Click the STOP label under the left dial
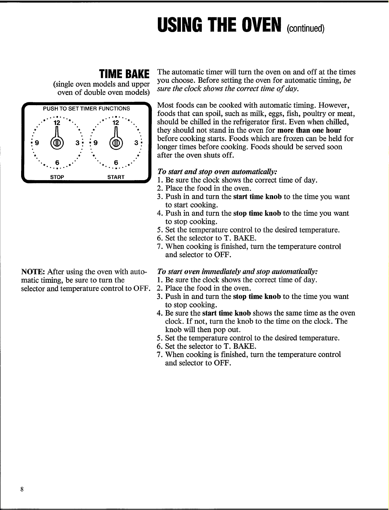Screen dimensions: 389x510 (x=57, y=177)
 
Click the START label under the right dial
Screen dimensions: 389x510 (x=116, y=177)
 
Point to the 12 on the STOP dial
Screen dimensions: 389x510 (x=57, y=122)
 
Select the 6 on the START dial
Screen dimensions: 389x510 (x=116, y=162)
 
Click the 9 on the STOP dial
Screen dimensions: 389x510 (x=36, y=142)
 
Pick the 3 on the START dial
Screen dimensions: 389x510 (x=136, y=142)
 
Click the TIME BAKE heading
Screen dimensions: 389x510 (x=124, y=74)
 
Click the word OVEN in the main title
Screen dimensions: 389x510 (x=261, y=25)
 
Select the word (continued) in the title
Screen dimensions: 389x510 (x=305, y=29)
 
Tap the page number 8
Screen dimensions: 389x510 (x=22, y=489)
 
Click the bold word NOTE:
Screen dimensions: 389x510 (x=33, y=272)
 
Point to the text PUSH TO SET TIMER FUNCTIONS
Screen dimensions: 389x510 (x=86, y=108)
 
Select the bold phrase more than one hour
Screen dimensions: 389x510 (x=309, y=130)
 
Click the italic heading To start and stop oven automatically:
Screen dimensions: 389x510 (x=217, y=172)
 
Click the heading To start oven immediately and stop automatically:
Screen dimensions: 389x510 (x=237, y=272)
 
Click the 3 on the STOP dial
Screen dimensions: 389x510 (x=77, y=142)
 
